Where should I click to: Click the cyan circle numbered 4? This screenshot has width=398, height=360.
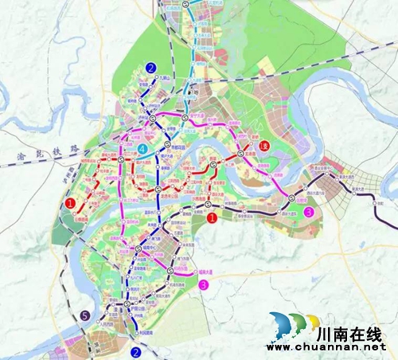click(141, 150)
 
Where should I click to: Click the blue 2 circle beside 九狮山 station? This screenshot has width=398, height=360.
click(151, 68)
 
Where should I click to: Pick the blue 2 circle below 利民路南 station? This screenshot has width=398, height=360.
click(136, 351)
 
